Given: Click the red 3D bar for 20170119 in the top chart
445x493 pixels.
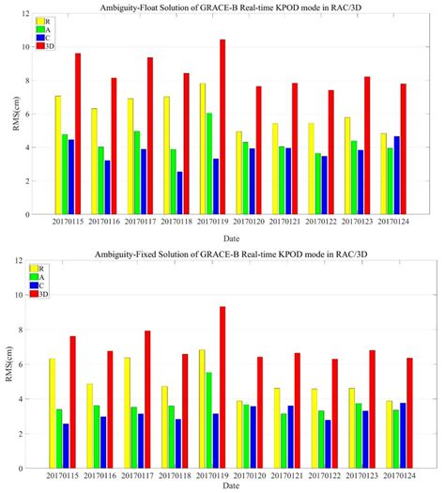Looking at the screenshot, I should point(222,127).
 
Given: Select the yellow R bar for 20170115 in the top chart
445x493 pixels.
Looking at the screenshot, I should point(57,155).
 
